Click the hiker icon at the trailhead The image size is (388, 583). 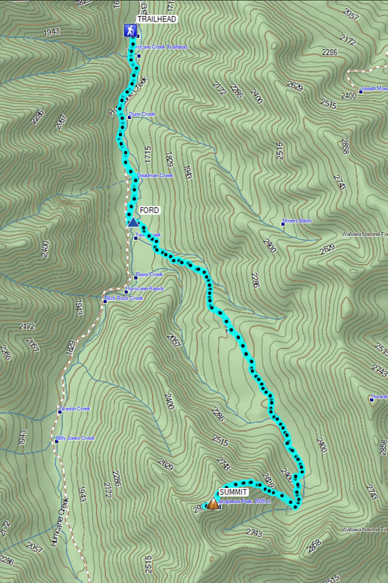pyautogui.click(x=130, y=30)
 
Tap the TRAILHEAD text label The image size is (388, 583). pyautogui.click(x=156, y=20)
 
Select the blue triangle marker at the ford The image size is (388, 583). pyautogui.click(x=133, y=223)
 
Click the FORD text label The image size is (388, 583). pyautogui.click(x=149, y=210)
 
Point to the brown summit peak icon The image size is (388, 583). pyautogui.click(x=212, y=503)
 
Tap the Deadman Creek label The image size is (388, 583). pyautogui.click(x=156, y=175)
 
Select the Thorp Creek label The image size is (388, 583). pyautogui.click(x=149, y=275)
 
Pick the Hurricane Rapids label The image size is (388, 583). pyautogui.click(x=146, y=289)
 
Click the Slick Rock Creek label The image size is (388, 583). pyautogui.click(x=125, y=298)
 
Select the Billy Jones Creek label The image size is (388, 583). pyautogui.click(x=77, y=438)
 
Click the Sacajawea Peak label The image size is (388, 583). pyautogui.click(x=244, y=501)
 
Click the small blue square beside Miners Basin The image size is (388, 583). pyautogui.click(x=283, y=221)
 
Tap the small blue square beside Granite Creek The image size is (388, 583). pyautogui.click(x=58, y=409)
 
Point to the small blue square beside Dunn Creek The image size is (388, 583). pyautogui.click(x=128, y=115)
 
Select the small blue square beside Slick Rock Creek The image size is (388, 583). pyautogui.click(x=104, y=299)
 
